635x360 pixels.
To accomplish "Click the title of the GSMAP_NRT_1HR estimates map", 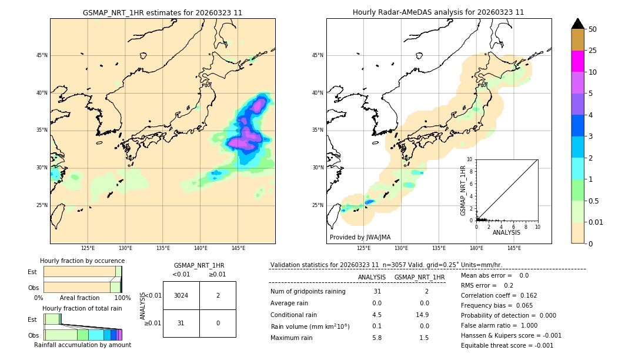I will (162, 12).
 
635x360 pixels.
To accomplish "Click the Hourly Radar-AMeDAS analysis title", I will (438, 12).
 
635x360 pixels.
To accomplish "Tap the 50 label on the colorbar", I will (593, 29).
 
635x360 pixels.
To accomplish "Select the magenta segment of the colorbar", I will (577, 61).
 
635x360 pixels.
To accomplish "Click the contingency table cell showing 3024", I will (181, 295).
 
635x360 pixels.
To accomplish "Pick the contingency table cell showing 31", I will (181, 323).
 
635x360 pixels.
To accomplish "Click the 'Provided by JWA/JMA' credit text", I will (360, 238).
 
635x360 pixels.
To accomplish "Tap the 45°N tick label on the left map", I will (41, 55).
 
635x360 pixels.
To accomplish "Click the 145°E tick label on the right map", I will (514, 248).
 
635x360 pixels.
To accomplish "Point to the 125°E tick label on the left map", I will (88, 248).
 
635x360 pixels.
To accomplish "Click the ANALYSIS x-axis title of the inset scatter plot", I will (506, 232).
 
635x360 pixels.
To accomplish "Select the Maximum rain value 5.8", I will (377, 338).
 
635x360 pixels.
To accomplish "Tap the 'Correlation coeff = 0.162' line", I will (499, 295).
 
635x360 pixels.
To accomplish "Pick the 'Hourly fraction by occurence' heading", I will (82, 261).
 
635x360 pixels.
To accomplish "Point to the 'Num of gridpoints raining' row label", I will (308, 292).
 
